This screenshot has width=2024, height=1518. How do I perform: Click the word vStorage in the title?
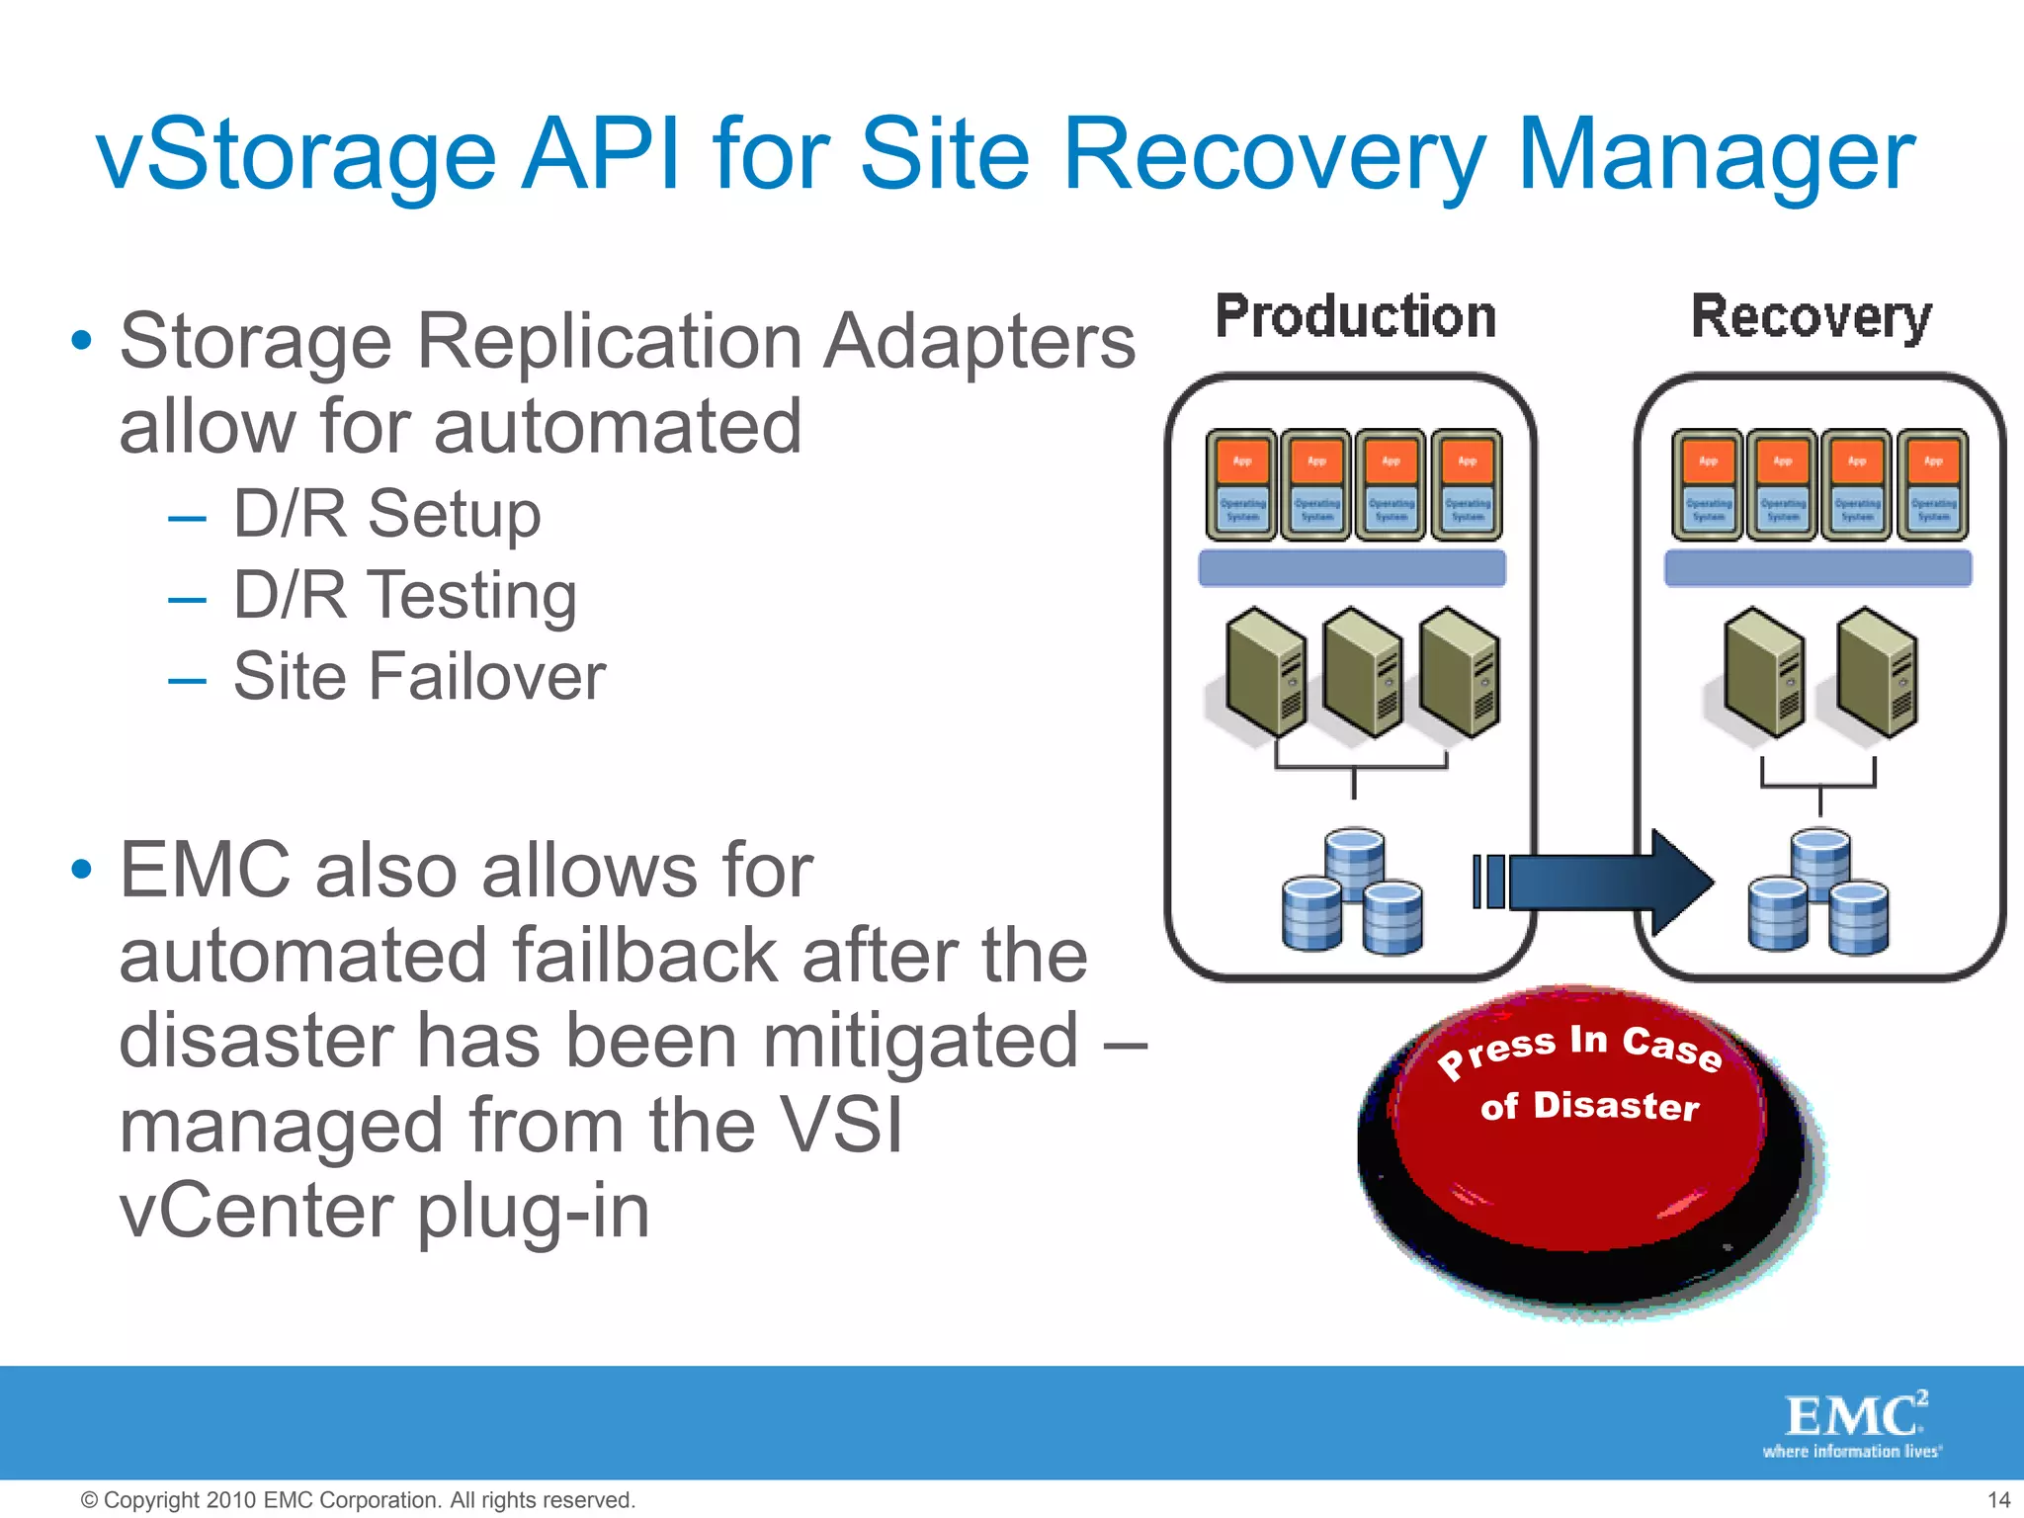295,155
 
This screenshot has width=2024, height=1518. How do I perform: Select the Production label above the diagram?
1355,317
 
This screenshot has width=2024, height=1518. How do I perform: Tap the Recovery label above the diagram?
1811,317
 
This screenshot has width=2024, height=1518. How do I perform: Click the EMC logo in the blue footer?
1853,1423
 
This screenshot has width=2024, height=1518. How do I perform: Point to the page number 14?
1998,1500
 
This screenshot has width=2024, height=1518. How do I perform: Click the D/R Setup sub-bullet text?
386,514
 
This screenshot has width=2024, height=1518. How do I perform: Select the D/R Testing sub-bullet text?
405,596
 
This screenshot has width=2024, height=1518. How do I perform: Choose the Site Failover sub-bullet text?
419,677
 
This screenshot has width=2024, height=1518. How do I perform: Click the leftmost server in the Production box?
1264,672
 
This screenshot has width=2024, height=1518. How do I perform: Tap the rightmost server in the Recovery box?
1876,672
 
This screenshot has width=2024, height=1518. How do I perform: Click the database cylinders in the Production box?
1352,892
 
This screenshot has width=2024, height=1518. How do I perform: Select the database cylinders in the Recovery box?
1818,892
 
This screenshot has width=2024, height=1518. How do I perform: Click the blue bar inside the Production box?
1351,568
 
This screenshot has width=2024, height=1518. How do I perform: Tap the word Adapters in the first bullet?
978,341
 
